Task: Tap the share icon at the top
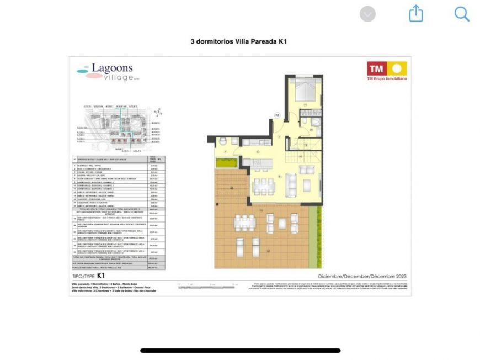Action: click(416, 14)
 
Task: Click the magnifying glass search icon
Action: click(462, 14)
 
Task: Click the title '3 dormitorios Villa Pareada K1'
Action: click(239, 41)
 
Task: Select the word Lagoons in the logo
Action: click(112, 68)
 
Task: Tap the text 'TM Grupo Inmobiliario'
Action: click(387, 79)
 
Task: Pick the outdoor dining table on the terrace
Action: click(244, 223)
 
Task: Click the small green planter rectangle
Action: click(226, 163)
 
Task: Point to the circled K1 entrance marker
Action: click(278, 115)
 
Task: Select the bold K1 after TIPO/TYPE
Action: click(102, 275)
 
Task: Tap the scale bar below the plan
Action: click(207, 286)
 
